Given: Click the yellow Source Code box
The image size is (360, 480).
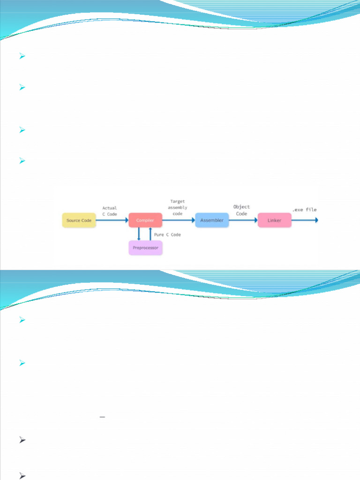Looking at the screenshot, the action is click(x=79, y=220).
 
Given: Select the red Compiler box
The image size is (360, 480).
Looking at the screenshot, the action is click(x=145, y=220).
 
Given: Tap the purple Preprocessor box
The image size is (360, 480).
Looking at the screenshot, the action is click(x=145, y=247).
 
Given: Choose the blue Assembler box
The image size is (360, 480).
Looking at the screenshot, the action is click(x=212, y=220).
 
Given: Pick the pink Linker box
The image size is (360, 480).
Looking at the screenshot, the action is click(x=274, y=220).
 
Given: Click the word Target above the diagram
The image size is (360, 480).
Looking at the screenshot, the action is click(x=178, y=201).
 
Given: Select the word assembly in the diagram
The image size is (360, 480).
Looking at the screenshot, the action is click(x=178, y=207).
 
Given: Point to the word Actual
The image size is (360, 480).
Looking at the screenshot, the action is click(x=110, y=208).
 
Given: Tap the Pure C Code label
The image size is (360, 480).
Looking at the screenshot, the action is click(x=167, y=234).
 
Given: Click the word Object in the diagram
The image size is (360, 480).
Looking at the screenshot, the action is click(x=241, y=207).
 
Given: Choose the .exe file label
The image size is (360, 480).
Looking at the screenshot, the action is click(x=305, y=210).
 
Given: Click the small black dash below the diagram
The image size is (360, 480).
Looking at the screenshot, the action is click(x=102, y=416).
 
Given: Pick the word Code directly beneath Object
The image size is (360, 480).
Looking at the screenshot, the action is click(x=241, y=214).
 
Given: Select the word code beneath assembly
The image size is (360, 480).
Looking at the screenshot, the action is click(x=178, y=214).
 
